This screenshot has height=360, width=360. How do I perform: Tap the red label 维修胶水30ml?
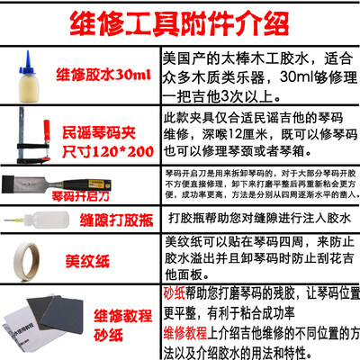[x=102, y=74]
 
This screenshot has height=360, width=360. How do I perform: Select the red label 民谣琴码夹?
[x=95, y=131]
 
